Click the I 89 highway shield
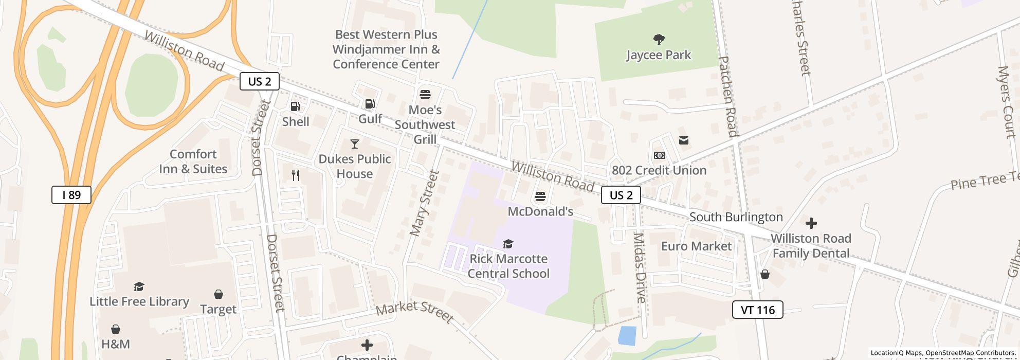tap(71, 195)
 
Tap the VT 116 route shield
tap(757, 310)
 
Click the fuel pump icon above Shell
tap(296, 106)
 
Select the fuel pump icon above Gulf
tap(370, 104)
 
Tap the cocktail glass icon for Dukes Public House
tap(355, 144)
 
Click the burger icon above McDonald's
tap(540, 196)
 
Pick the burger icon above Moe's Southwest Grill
tap(425, 95)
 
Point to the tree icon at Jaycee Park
tap(659, 40)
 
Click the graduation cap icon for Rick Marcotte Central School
tap(508, 244)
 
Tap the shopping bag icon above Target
tap(218, 294)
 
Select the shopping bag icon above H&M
tap(116, 329)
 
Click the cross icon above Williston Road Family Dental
tap(811, 223)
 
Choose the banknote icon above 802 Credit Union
tap(660, 155)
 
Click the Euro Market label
tap(696, 246)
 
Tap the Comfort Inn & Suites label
tap(193, 161)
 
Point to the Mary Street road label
tap(424, 204)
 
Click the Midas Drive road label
tap(639, 267)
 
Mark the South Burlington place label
tap(736, 217)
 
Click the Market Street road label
tap(414, 313)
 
